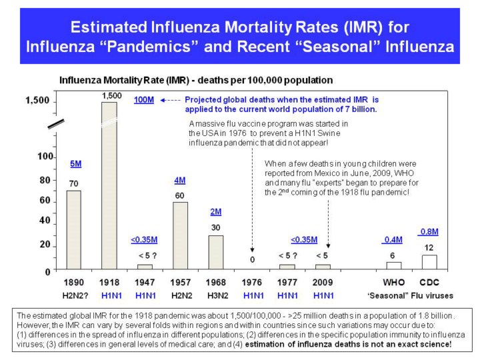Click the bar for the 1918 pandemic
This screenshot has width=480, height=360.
pos(109,185)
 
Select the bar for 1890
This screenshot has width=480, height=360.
pos(74,230)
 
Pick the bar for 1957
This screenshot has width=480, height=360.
pos(180,236)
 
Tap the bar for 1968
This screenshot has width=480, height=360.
pos(216,252)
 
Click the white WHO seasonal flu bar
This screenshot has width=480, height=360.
pos(394,266)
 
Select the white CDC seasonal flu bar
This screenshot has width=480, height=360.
pos(429,262)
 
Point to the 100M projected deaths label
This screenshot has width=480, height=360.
pos(144,100)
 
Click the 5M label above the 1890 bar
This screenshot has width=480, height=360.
pos(76,164)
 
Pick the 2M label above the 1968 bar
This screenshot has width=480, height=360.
pos(216,212)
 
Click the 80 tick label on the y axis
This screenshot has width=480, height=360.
pos(45,180)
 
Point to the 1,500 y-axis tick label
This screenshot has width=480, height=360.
pos(37,101)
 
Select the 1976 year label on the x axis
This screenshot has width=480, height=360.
pos(251,282)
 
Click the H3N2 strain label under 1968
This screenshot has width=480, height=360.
pos(217,296)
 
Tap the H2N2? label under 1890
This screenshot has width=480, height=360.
pos(75,296)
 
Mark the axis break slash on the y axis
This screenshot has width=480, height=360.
pos(56,124)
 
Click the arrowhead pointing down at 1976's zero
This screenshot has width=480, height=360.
pos(252,250)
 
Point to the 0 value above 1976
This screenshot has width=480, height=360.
pos(252,259)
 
